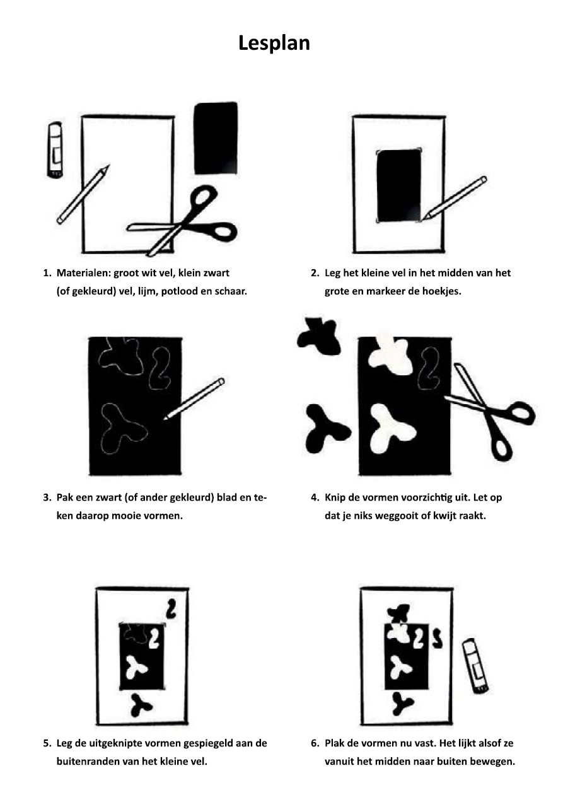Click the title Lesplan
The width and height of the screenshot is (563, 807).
(274, 44)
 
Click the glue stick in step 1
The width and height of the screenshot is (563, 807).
(55, 150)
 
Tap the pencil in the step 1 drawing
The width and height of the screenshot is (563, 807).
(83, 195)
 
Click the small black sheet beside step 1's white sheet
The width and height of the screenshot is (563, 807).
(216, 139)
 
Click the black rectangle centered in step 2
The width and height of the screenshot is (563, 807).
(398, 186)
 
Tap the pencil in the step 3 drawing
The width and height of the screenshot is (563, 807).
(194, 399)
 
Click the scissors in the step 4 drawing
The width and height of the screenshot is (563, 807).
(490, 410)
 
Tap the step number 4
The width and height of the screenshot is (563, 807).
(314, 497)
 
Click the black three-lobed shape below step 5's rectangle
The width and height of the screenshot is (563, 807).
(141, 705)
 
